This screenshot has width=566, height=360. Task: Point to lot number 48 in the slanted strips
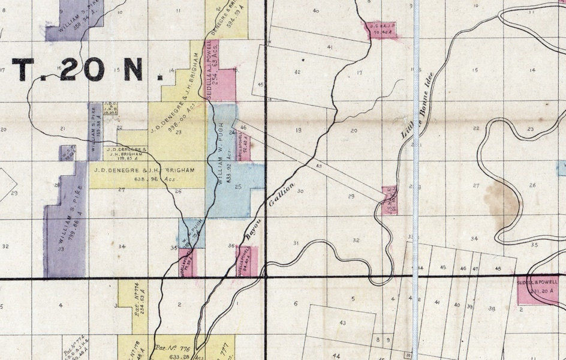[498, 268]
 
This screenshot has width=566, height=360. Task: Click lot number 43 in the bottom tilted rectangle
[342, 323]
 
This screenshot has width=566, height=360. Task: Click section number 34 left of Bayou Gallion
[122, 247]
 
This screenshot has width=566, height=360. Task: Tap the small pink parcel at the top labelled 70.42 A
[381, 29]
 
